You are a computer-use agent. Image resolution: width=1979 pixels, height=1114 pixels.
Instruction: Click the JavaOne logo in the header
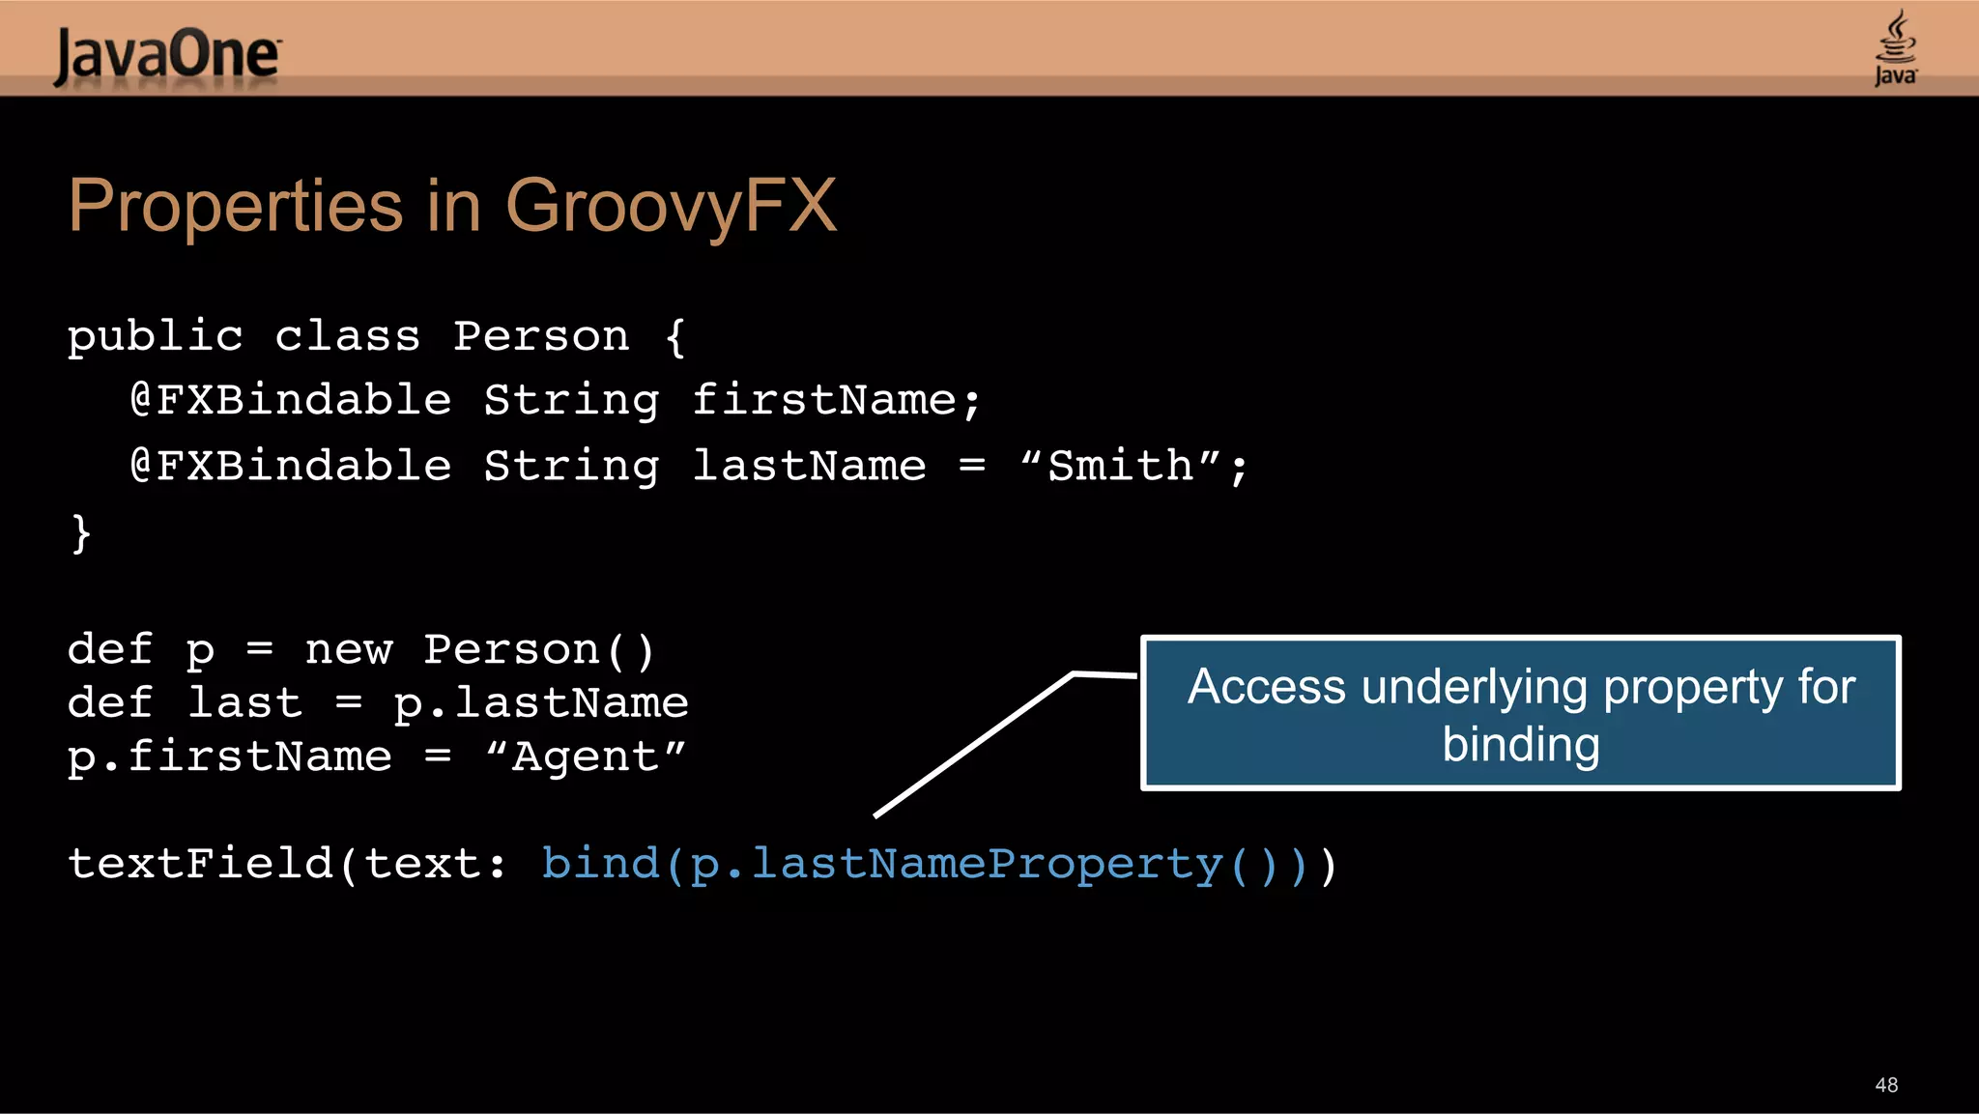(167, 55)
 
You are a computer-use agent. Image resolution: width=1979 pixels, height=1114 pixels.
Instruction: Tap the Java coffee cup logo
(1895, 48)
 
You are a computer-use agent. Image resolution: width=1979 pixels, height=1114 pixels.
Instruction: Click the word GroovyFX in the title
(671, 206)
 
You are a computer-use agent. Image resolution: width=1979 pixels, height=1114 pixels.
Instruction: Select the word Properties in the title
(235, 206)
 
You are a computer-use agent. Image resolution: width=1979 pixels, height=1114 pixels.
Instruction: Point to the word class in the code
(347, 336)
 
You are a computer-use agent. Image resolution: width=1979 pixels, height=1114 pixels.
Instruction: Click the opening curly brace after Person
(675, 337)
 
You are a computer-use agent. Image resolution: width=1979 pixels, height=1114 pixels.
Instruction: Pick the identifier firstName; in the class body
(837, 400)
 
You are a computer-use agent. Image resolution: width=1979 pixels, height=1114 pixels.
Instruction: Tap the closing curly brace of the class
(81, 532)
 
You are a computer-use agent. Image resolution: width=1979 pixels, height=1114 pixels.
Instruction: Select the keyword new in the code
(348, 649)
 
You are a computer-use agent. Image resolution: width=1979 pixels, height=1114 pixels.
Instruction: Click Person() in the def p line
(539, 649)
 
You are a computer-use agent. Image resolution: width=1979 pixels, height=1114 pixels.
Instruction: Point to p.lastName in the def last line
(540, 702)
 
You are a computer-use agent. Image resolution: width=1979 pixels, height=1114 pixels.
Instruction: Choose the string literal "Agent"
(586, 757)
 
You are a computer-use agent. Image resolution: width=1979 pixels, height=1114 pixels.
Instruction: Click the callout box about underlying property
(1520, 713)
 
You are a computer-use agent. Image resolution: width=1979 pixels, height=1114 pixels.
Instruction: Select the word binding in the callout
(1520, 745)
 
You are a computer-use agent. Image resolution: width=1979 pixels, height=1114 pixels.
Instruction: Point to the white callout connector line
(974, 745)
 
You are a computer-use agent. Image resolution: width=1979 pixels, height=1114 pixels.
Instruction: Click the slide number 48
(1885, 1085)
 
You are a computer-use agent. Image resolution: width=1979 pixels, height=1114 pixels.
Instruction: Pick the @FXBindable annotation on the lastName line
(291, 466)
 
